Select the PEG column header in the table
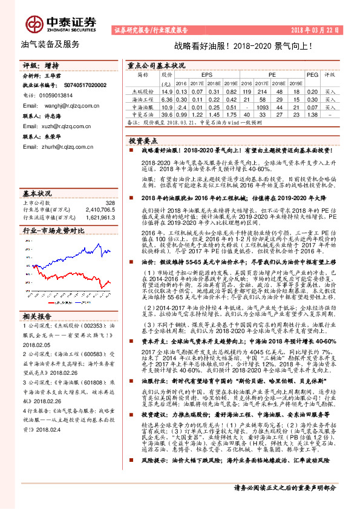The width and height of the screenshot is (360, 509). click(x=312, y=75)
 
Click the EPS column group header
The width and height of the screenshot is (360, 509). click(x=206, y=75)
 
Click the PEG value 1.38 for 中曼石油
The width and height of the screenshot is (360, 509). click(x=312, y=114)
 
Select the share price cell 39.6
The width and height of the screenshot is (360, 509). click(x=168, y=114)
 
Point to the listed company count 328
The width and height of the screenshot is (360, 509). click(x=110, y=203)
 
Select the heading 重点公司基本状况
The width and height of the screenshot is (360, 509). click(x=156, y=64)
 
